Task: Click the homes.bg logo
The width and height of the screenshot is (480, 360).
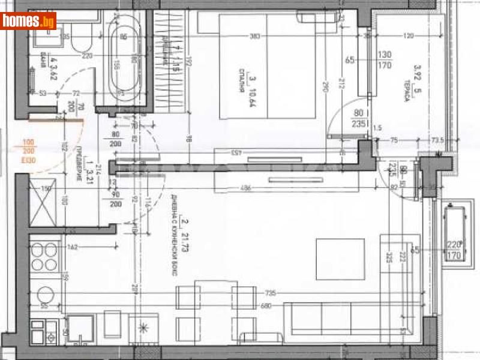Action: click(28, 21)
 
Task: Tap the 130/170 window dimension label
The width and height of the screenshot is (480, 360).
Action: click(384, 60)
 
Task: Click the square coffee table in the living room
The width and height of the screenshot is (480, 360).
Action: click(340, 259)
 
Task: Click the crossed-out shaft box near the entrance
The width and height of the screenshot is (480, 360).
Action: click(43, 206)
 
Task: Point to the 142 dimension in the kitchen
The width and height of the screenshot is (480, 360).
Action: click(73, 246)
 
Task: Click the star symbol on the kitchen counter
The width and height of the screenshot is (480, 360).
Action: click(143, 327)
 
